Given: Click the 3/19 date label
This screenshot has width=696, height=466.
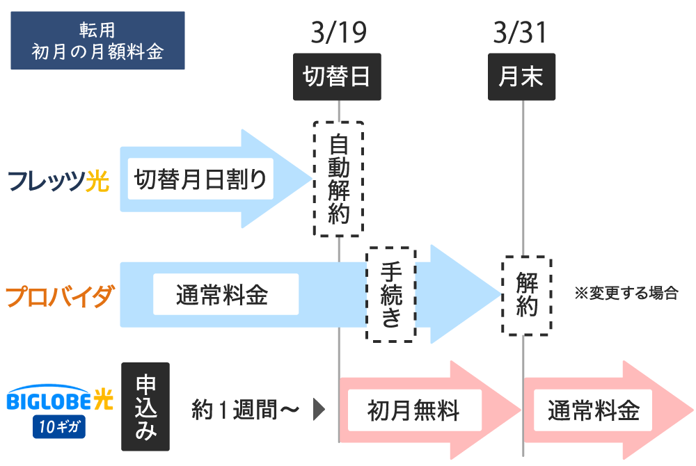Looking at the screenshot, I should [x=338, y=33].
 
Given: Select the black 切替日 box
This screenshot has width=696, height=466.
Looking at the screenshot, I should [x=338, y=77].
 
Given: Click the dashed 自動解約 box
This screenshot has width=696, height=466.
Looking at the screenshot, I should [x=338, y=179].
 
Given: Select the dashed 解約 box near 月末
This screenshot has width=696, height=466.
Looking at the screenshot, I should [x=527, y=296].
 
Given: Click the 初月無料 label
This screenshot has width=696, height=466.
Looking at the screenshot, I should [x=413, y=410].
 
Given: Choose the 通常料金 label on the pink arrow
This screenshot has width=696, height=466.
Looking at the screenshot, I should [x=593, y=410].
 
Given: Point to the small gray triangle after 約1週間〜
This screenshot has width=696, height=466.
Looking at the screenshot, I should [x=319, y=410].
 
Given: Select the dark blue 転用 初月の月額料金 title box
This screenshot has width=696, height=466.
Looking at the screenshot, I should [x=97, y=40].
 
